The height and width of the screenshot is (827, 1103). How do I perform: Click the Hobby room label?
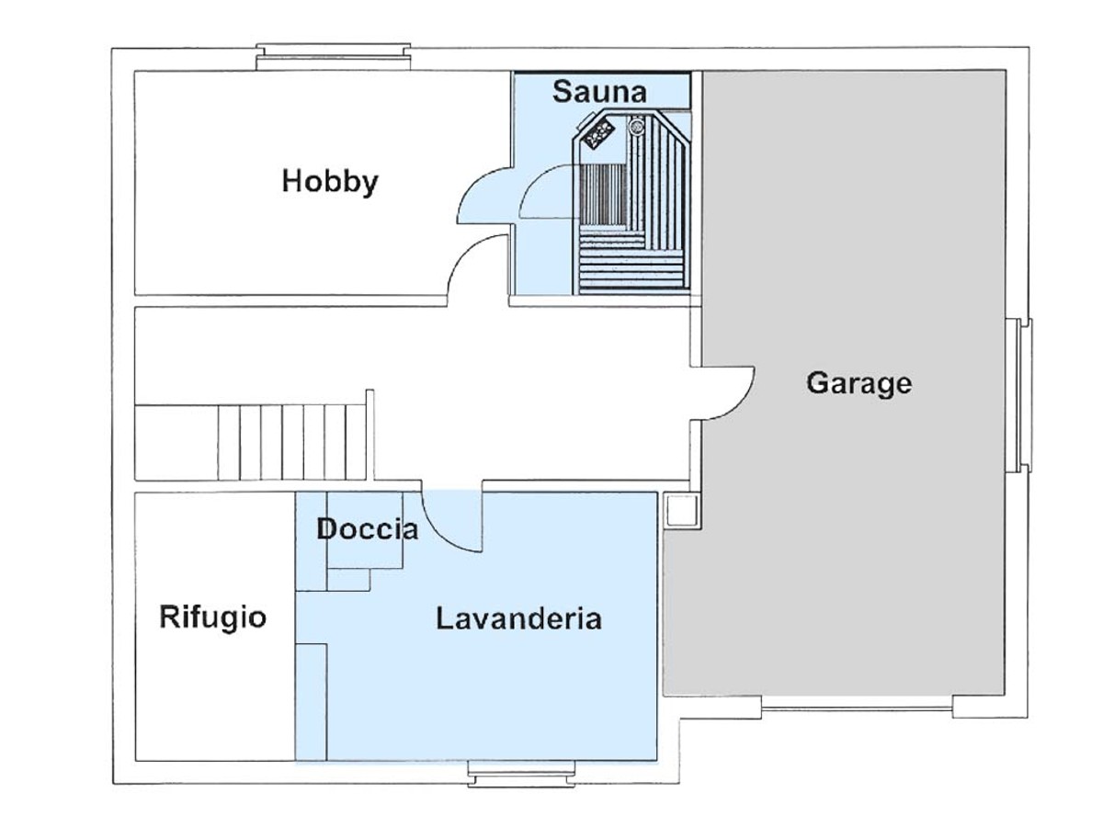[x=330, y=182]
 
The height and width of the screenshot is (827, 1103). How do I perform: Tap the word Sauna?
[x=599, y=92]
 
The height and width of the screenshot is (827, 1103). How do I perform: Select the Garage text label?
[x=859, y=383]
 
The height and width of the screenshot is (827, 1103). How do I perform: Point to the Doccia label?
[x=368, y=529]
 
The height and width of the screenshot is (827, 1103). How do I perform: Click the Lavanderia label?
[x=518, y=618]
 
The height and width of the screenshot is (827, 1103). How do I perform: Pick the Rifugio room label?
[x=212, y=617]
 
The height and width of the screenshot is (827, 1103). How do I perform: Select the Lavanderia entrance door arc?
[x=451, y=521]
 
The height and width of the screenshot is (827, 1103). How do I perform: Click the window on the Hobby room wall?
[x=333, y=57]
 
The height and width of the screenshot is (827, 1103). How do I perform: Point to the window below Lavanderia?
[x=521, y=774]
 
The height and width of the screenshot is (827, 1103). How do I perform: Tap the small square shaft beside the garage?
[x=681, y=510]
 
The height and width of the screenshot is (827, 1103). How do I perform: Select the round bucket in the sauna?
[x=637, y=125]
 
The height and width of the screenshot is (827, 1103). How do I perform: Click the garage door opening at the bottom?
[x=857, y=708]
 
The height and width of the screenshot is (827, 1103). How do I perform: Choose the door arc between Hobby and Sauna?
[x=484, y=195]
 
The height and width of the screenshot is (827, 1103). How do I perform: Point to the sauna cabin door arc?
[x=548, y=191]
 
